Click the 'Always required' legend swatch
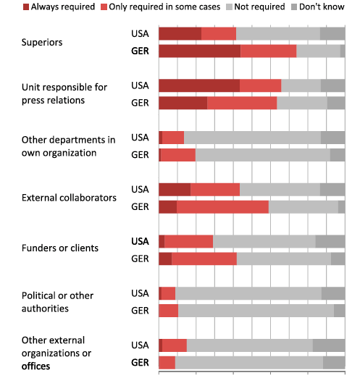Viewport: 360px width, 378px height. point(26,7)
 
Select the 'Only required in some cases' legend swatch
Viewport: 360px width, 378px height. point(104,7)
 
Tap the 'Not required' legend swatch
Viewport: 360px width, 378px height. point(229,7)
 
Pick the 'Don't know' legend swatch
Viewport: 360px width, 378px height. point(294,7)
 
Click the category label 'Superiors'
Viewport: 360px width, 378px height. point(42,43)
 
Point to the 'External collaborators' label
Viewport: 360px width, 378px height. point(69,198)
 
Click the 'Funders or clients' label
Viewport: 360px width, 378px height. point(60,248)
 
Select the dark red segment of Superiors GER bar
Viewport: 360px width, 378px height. point(200,51)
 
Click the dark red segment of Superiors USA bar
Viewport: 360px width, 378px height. point(180,34)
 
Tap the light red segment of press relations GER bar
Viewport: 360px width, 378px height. point(242,103)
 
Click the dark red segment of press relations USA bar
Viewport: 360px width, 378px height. point(199,85)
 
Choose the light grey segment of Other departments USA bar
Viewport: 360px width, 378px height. point(253,138)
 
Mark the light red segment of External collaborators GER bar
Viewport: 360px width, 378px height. point(222,207)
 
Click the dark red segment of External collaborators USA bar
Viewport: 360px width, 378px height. point(175,190)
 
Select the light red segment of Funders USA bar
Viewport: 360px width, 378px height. point(189,241)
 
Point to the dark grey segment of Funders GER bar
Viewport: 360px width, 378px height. point(338,259)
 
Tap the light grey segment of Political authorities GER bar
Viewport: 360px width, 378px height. point(256,311)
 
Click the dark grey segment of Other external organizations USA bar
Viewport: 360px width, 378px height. point(329,345)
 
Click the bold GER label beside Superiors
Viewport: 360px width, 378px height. point(140,51)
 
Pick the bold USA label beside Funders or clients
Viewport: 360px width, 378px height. point(140,241)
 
